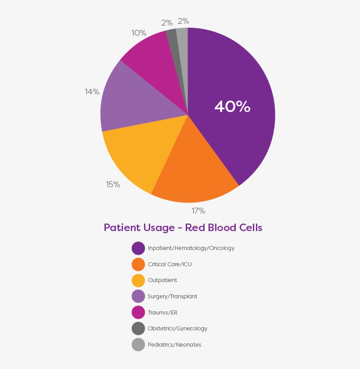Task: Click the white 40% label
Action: [x=232, y=106]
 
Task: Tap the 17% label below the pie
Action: [x=198, y=211]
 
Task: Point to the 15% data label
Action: [x=113, y=184]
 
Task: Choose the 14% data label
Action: [x=92, y=92]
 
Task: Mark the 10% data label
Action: [x=139, y=33]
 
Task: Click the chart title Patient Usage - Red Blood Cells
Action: [x=183, y=228]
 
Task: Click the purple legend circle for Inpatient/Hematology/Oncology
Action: [x=138, y=248]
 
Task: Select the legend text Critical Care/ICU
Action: [x=170, y=264]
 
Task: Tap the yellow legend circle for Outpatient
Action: [x=138, y=280]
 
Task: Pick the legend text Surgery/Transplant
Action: [x=173, y=297]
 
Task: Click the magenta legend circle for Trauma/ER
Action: [x=138, y=312]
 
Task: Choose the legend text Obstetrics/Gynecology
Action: [x=177, y=329]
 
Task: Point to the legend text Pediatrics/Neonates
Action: [x=174, y=345]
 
